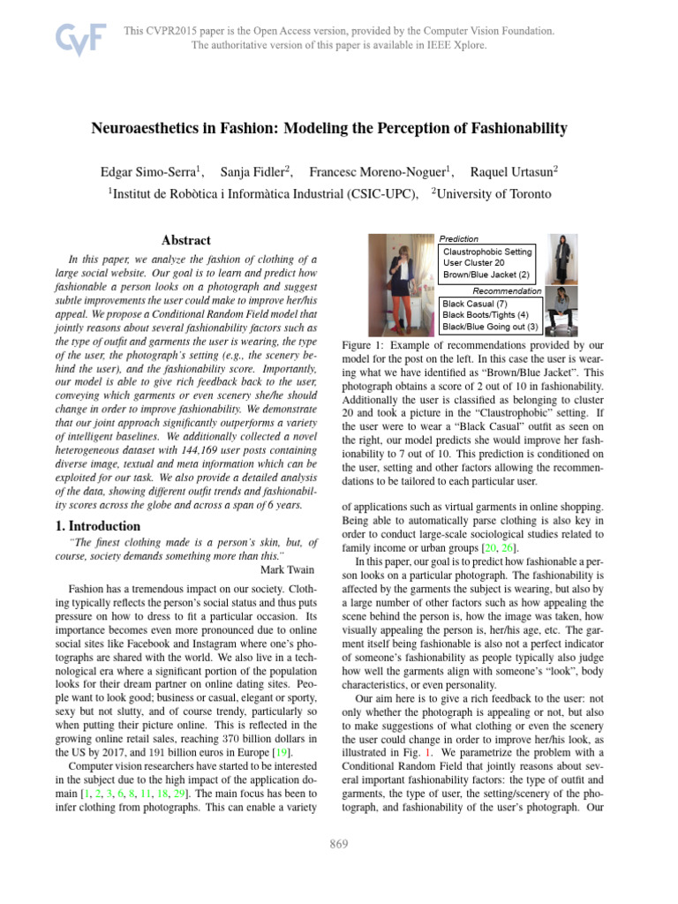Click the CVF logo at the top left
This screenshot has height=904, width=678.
[81, 37]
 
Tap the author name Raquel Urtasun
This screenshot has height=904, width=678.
[514, 170]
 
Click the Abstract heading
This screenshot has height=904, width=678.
[186, 240]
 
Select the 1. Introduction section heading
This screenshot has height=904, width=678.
[92, 526]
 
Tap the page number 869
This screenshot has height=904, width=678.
[339, 844]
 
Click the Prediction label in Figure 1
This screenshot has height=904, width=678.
[459, 238]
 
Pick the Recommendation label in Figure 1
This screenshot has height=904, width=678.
[507, 290]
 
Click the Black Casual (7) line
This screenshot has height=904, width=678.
[475, 303]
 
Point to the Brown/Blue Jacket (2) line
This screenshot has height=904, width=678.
[486, 275]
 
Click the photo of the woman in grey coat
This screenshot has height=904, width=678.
[561, 259]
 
